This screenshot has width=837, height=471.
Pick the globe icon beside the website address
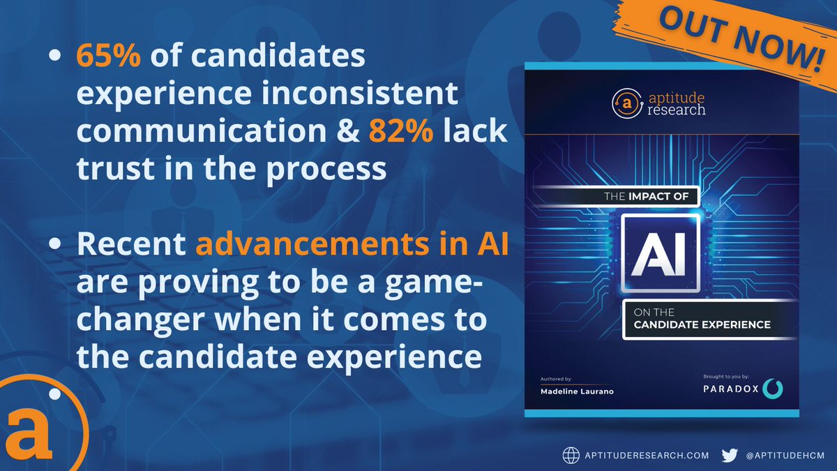click(571, 455)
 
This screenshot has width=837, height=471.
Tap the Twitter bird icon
click(730, 455)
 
